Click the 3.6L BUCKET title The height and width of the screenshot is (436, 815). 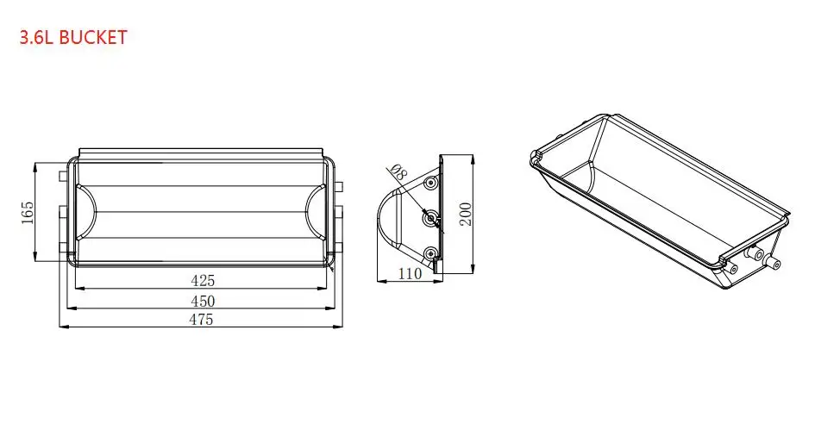click(x=73, y=37)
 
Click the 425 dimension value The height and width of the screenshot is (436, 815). click(x=202, y=280)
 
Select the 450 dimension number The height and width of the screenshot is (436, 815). click(x=202, y=301)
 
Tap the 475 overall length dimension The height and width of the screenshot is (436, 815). click(x=202, y=320)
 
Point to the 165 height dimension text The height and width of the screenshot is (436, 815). click(x=26, y=211)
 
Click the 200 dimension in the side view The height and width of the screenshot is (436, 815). click(x=466, y=212)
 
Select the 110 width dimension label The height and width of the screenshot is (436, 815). click(x=410, y=274)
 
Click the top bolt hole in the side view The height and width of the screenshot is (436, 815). click(x=430, y=184)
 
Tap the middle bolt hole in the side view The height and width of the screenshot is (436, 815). click(x=429, y=219)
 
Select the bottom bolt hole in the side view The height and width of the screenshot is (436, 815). click(x=430, y=253)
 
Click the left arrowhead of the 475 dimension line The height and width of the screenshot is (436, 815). click(x=60, y=327)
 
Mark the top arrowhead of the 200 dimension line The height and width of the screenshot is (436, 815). click(x=473, y=157)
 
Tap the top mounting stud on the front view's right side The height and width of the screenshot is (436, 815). click(x=339, y=185)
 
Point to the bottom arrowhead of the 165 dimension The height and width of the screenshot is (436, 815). click(x=34, y=260)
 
